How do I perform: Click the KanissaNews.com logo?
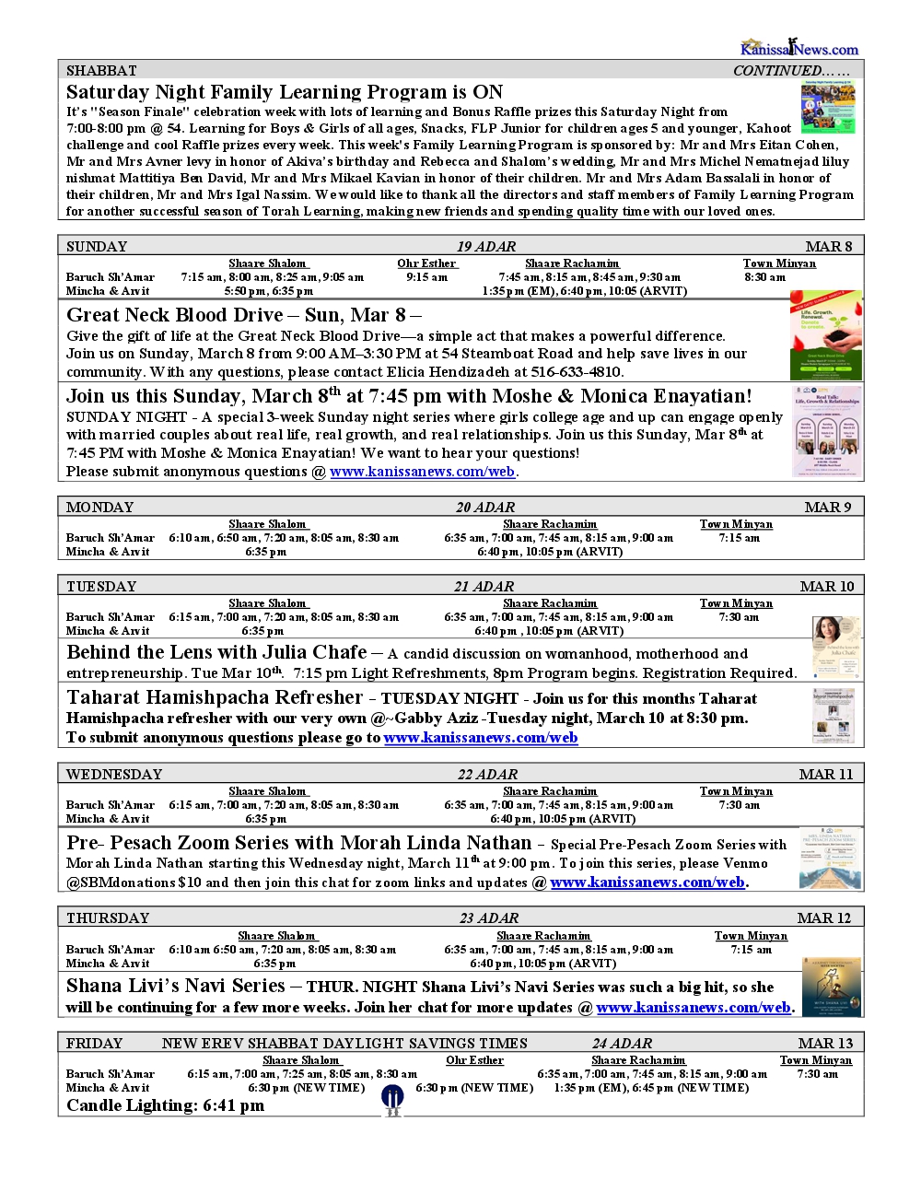[x=799, y=47]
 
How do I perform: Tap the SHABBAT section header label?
[x=101, y=71]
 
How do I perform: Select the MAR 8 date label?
[x=828, y=246]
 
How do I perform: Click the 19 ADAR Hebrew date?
[x=486, y=246]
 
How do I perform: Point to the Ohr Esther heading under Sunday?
[x=426, y=263]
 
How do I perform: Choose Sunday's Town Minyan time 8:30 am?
[x=764, y=277]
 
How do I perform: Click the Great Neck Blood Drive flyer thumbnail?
[x=825, y=335]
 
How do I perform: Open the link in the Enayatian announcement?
[x=422, y=472]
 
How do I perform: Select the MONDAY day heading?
[x=99, y=508]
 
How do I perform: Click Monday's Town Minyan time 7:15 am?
[x=739, y=538]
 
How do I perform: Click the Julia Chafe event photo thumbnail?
[x=836, y=648]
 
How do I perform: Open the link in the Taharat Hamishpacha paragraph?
[x=480, y=738]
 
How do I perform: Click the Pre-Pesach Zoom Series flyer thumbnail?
[x=830, y=858]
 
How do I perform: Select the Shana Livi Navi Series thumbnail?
[x=831, y=987]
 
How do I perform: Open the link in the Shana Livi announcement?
[x=693, y=1008]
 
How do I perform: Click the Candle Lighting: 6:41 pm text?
[x=165, y=1105]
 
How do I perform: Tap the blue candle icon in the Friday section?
[x=392, y=1099]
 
